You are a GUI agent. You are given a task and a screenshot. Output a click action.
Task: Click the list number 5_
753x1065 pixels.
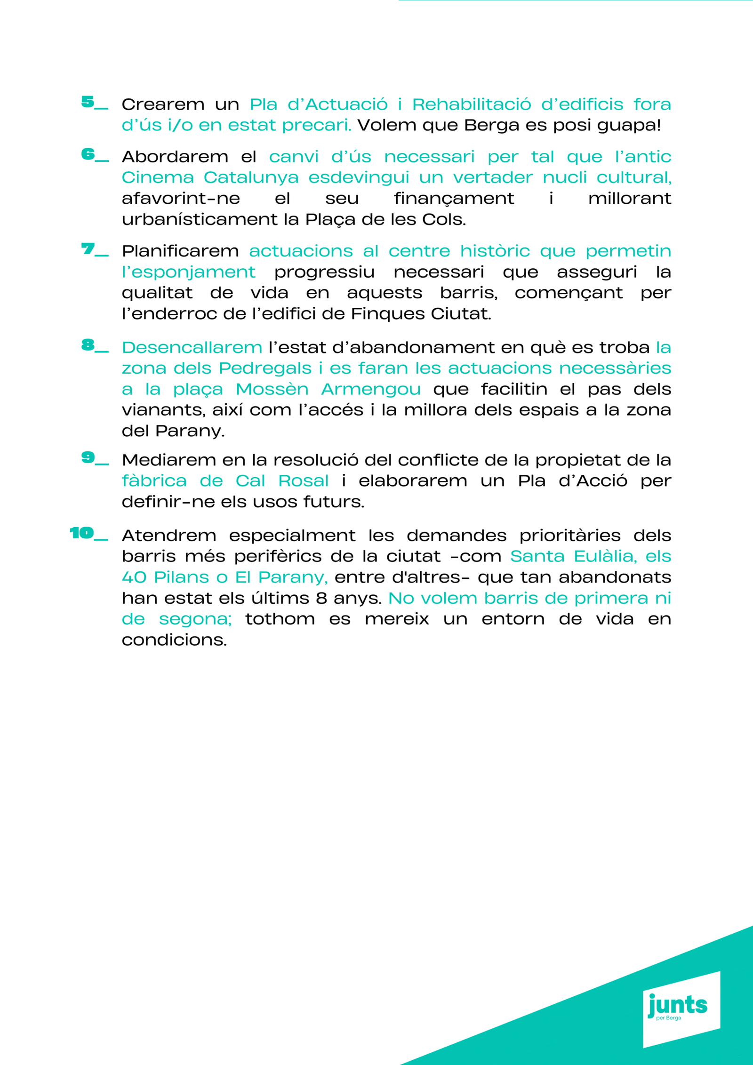click(x=94, y=103)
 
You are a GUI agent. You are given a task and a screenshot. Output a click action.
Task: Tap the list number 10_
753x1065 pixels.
click(x=88, y=534)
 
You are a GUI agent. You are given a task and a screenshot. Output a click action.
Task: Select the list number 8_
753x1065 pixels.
click(x=95, y=346)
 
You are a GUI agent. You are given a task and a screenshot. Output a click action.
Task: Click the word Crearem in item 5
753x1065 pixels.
click(x=163, y=104)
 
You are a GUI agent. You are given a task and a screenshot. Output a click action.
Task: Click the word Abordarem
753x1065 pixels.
click(x=175, y=157)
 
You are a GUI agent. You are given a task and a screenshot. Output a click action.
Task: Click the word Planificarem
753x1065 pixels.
click(x=180, y=251)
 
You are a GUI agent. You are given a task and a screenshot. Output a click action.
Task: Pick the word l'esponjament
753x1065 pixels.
click(x=188, y=272)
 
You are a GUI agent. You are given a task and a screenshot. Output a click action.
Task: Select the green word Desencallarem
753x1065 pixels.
click(x=192, y=348)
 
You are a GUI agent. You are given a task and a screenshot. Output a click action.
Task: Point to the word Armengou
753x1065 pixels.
click(x=370, y=390)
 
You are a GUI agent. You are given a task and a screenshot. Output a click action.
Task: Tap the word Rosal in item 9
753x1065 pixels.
click(x=303, y=481)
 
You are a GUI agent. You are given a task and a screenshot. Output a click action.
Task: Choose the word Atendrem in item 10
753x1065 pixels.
click(x=169, y=536)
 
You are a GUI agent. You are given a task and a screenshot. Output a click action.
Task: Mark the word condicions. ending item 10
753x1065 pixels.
click(x=174, y=640)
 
